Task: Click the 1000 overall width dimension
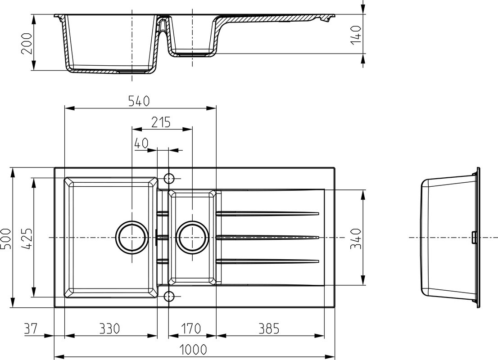pos(193,350)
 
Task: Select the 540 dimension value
pos(139,101)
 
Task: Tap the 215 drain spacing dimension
pos(161,122)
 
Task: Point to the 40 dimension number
pos(141,143)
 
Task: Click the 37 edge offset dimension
pos(31,328)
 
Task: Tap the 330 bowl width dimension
pos(109,328)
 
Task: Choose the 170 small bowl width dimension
pos(191,328)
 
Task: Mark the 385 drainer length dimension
pos(269,328)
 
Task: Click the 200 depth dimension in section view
pos(27,44)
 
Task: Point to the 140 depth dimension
pos(356,35)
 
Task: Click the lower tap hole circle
pos(169,297)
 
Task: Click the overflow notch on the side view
pos(474,238)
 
